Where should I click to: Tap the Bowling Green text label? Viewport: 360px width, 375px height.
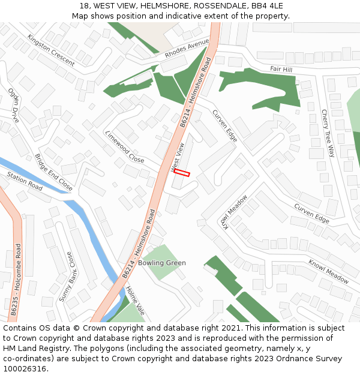point(162,263)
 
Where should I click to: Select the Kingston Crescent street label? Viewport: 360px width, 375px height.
point(51,50)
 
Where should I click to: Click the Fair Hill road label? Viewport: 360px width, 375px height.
point(281,70)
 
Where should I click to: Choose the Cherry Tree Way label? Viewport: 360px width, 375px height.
point(327,133)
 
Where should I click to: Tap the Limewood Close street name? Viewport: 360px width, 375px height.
point(125,147)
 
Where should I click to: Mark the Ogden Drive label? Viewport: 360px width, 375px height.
point(13,106)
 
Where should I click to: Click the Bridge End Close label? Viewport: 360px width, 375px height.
point(53,173)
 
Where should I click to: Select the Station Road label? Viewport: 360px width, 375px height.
point(25,182)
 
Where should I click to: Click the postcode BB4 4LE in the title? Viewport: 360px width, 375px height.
point(268,5)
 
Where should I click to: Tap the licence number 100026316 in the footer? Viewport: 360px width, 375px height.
point(25,368)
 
